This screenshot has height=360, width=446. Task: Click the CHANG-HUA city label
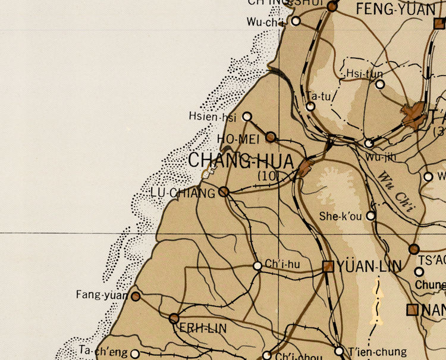click(x=241, y=161)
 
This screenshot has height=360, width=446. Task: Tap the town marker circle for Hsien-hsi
click(x=247, y=117)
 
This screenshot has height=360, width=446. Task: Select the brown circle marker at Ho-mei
click(x=271, y=137)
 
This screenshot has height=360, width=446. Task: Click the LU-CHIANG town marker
click(x=224, y=192)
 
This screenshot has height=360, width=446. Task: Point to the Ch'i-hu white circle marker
click(x=257, y=266)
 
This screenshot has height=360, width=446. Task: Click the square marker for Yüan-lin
click(x=328, y=266)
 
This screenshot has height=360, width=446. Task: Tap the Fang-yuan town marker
click(x=136, y=296)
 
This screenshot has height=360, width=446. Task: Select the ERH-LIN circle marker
click(x=174, y=318)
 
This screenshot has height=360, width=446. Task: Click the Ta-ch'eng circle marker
click(x=135, y=353)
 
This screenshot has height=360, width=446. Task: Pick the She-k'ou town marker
click(x=371, y=216)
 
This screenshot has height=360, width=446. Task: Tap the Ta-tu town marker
click(x=310, y=107)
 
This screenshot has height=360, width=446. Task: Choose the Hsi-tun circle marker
click(x=380, y=84)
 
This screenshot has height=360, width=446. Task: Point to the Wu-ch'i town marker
click(x=296, y=21)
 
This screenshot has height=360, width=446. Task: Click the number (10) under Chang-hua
click(x=268, y=176)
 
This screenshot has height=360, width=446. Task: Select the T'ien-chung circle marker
click(x=339, y=351)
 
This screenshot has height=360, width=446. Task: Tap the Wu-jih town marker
click(x=369, y=143)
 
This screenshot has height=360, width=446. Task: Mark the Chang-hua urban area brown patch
click(x=306, y=167)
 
